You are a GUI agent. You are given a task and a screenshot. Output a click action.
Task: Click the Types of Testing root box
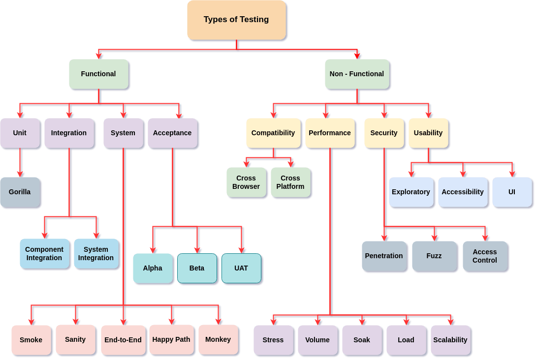tap(236, 20)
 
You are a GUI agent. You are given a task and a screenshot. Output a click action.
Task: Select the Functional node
tap(98, 74)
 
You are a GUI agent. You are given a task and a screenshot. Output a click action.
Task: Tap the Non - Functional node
tap(357, 74)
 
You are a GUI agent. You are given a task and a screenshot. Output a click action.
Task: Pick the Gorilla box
tap(20, 192)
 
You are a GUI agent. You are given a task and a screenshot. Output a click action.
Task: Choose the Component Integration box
tap(44, 253)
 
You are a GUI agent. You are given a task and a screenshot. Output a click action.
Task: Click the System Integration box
tap(96, 253)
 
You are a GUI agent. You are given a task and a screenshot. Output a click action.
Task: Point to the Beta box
tap(197, 268)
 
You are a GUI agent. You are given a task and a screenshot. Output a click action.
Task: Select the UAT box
tap(241, 268)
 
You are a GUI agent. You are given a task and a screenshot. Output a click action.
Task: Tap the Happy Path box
tap(171, 339)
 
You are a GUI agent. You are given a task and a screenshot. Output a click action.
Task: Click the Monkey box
tap(218, 339)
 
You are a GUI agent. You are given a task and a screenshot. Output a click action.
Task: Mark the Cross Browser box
tap(246, 182)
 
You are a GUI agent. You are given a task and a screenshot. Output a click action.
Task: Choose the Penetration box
tap(384, 256)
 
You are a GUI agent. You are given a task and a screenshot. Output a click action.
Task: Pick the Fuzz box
tap(434, 256)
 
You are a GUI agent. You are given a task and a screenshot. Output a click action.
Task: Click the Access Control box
tap(485, 256)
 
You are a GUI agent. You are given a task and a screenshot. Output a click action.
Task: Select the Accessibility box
tap(463, 192)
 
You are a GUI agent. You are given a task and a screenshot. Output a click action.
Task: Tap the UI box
tap(512, 192)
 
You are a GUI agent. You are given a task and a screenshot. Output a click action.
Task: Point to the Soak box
tap(362, 340)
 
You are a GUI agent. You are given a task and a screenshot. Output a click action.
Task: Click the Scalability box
tap(450, 340)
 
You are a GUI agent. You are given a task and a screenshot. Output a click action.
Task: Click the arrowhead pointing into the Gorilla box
tap(20, 174)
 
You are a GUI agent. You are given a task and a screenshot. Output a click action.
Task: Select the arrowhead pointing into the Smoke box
tap(32, 322)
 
